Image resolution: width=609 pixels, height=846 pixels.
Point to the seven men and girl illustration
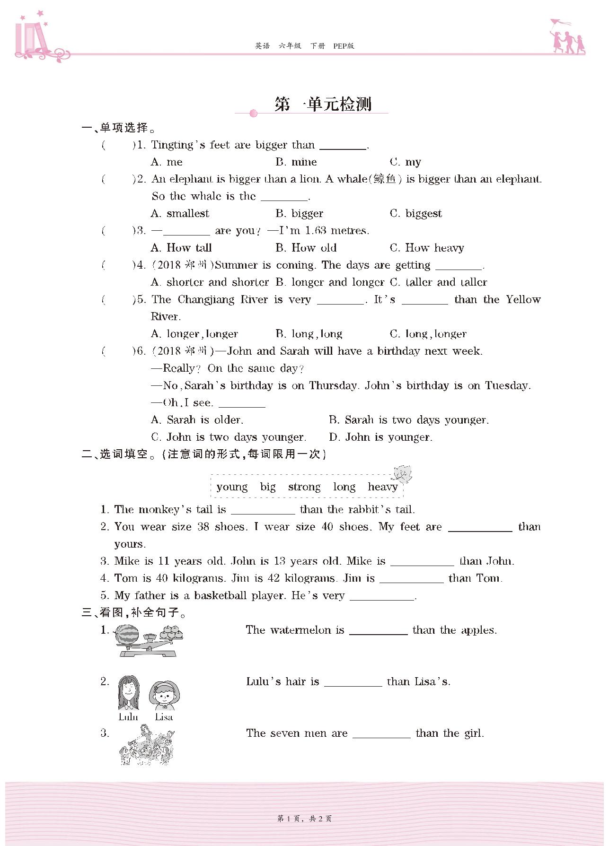pyautogui.click(x=147, y=747)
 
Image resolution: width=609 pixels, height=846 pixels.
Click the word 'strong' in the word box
pyautogui.click(x=304, y=487)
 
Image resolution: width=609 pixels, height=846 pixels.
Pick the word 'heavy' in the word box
pyautogui.click(x=382, y=487)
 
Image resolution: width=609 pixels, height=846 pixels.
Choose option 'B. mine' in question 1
pyautogui.click(x=296, y=162)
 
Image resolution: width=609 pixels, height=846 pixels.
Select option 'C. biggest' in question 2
pyautogui.click(x=416, y=214)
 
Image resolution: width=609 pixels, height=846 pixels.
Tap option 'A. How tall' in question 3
pyautogui.click(x=181, y=248)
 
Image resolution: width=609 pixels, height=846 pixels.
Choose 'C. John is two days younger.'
pyautogui.click(x=229, y=437)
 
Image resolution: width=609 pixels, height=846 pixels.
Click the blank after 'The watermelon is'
pyautogui.click(x=378, y=630)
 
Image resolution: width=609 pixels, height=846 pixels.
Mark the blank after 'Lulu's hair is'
pyautogui.click(x=353, y=682)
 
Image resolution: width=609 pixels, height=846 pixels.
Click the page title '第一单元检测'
pyautogui.click(x=323, y=104)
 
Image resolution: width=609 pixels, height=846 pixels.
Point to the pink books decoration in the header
pyautogui.click(x=33, y=38)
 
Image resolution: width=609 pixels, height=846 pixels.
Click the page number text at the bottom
pyautogui.click(x=304, y=819)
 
